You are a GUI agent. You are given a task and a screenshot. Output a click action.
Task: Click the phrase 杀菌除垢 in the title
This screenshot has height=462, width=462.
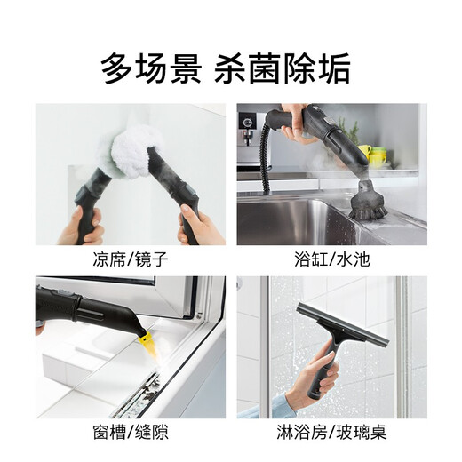pyautogui.click(x=283, y=67)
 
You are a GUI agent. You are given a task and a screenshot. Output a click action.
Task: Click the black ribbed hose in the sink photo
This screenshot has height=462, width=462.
pyautogui.click(x=265, y=160)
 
